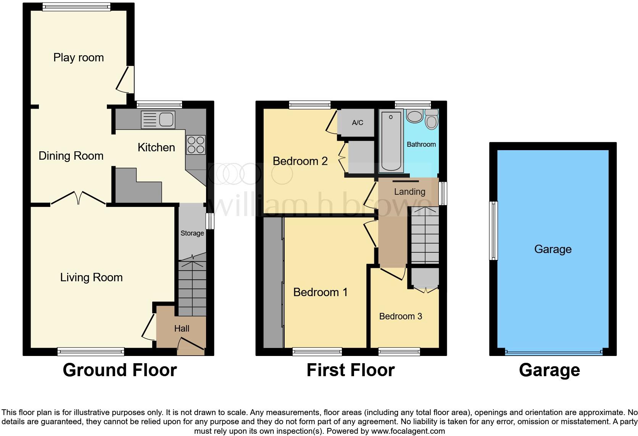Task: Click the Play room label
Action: point(78,58)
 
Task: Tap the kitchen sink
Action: point(158,119)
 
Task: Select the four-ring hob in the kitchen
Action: point(196,145)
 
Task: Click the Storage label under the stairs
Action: point(192,233)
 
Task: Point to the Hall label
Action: point(182,329)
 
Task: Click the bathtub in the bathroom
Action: point(391,141)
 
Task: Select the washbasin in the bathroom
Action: point(414,115)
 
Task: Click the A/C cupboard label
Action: point(358,123)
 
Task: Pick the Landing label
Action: point(409,192)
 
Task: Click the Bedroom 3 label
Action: point(400,316)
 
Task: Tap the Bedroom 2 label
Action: point(300,161)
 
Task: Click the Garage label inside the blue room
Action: point(553,249)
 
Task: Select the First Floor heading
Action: point(350,370)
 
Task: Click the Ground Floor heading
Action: point(119,370)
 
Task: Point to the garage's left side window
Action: point(494,231)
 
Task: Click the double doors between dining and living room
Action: point(78,198)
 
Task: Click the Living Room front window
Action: point(91,351)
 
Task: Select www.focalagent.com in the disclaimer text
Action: point(408,431)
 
